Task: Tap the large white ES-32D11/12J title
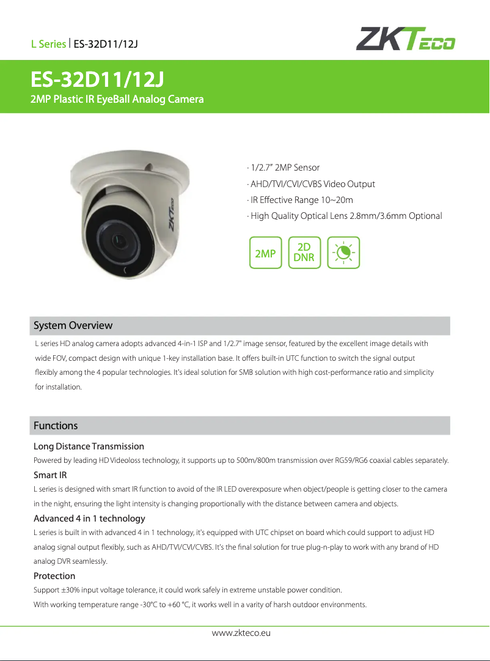(97, 80)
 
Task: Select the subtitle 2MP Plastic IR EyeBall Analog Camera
(117, 99)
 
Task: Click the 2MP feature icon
(266, 253)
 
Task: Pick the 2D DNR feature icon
(304, 253)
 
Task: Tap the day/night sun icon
(343, 253)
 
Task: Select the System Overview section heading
(73, 325)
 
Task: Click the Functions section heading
(56, 426)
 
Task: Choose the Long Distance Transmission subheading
(89, 446)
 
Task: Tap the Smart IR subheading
(50, 475)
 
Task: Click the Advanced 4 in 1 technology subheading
(89, 519)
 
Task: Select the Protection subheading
(54, 576)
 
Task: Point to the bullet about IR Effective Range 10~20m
(299, 200)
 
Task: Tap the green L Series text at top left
(48, 44)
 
